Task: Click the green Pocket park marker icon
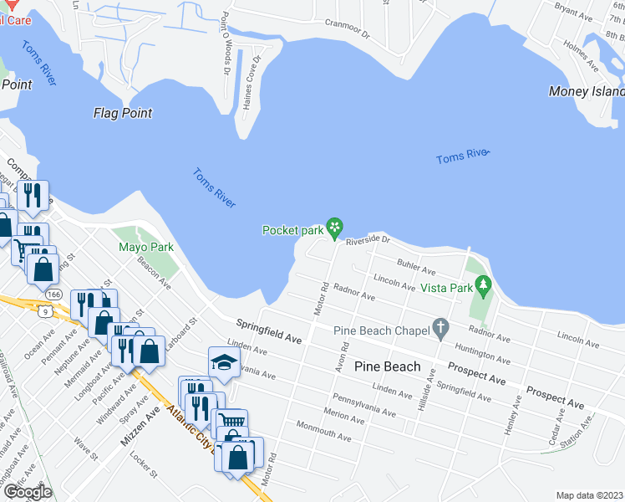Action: click(x=334, y=227)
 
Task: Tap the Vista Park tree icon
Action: click(x=483, y=287)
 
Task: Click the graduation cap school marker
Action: click(x=223, y=362)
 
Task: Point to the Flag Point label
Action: click(x=123, y=113)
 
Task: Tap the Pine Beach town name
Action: click(x=388, y=366)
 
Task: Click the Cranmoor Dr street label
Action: click(x=347, y=34)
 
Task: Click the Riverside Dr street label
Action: click(x=368, y=240)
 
